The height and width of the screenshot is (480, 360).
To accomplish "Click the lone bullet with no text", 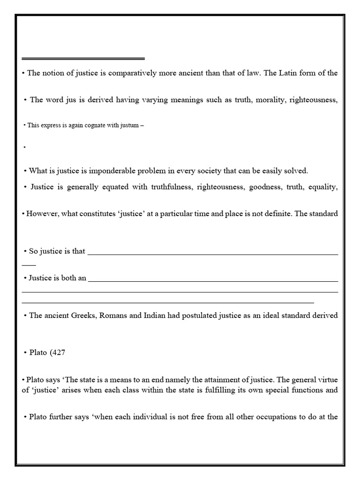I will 24,147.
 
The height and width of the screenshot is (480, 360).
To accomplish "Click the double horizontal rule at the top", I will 83,59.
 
